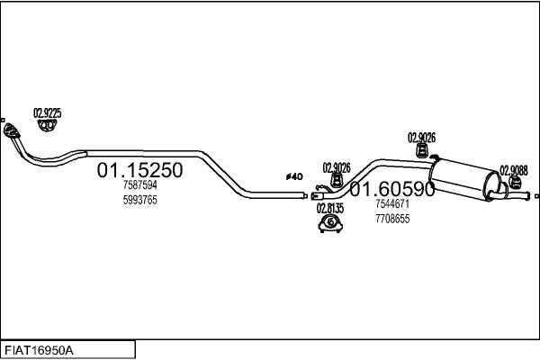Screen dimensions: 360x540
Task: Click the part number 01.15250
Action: [139, 170]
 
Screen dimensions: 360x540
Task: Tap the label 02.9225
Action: [47, 113]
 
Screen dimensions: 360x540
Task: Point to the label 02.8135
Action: [329, 208]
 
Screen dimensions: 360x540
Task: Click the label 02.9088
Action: [514, 170]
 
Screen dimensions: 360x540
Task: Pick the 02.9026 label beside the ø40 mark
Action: [336, 167]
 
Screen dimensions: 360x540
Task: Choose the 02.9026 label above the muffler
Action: [421, 138]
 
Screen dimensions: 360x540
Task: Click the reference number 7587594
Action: [139, 186]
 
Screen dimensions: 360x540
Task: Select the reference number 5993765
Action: [139, 200]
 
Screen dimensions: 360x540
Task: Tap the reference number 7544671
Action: [392, 205]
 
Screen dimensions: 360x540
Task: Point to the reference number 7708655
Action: [392, 219]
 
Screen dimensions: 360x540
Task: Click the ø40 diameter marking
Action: [294, 176]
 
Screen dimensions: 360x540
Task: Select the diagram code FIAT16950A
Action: [40, 349]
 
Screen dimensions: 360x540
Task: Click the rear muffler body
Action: [464, 176]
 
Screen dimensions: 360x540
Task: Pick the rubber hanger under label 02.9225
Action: [47, 130]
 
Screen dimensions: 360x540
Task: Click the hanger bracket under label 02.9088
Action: [516, 185]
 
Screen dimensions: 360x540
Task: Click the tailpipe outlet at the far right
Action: [536, 195]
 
